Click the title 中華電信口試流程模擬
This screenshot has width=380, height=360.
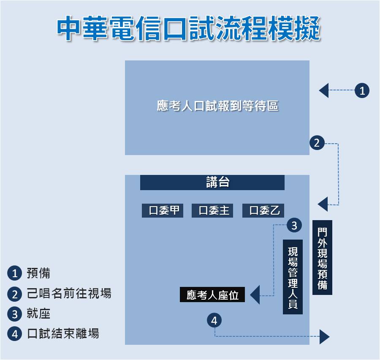(189, 29)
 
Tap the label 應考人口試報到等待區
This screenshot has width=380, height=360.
(217, 106)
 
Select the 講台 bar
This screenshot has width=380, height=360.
(212, 183)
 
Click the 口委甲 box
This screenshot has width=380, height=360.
(163, 210)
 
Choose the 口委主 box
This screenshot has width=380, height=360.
(213, 210)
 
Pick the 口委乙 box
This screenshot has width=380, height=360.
(263, 210)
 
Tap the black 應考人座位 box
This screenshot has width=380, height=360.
(212, 295)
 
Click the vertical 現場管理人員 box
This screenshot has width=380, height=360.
(293, 277)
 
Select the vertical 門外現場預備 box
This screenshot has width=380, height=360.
(322, 257)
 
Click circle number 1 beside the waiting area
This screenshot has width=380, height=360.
(362, 90)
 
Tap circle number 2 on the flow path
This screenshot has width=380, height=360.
(317, 143)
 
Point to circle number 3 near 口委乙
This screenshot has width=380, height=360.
(294, 225)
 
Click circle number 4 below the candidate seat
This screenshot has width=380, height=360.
(214, 321)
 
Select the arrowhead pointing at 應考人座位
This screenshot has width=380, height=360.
(255, 295)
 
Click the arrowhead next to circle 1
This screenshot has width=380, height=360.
(324, 90)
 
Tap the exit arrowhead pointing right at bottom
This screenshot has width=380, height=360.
(324, 337)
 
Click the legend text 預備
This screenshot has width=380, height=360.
(38, 273)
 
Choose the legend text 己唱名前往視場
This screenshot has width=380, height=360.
(69, 294)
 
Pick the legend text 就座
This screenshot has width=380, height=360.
(38, 314)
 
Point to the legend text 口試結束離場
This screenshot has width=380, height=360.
(63, 334)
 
